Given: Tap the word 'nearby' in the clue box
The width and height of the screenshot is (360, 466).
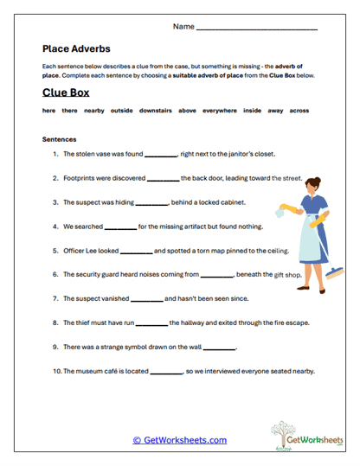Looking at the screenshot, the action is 94,112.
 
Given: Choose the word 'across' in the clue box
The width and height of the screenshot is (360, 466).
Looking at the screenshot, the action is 299,112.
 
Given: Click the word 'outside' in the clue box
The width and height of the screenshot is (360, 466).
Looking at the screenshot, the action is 122,112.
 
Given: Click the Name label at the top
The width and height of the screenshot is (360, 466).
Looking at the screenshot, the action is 183,27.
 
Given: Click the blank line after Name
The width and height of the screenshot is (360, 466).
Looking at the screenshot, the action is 257,29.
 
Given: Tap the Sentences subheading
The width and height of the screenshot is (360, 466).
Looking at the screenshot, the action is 59,138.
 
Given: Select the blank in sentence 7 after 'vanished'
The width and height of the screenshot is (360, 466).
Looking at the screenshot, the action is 146,300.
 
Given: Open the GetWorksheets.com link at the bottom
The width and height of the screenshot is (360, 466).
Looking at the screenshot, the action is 179,440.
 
